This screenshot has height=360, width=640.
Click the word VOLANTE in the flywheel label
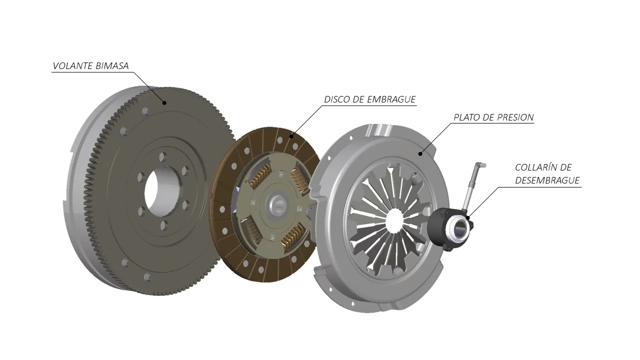(x=73, y=66)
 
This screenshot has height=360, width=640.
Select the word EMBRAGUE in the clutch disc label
(x=391, y=99)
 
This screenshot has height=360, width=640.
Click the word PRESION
(x=515, y=117)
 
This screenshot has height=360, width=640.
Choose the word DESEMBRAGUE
(x=547, y=180)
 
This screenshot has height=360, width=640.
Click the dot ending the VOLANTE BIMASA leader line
(x=164, y=103)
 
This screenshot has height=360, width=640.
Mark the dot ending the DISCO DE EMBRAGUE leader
(x=291, y=136)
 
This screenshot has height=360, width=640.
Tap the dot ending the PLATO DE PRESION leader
(x=420, y=154)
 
